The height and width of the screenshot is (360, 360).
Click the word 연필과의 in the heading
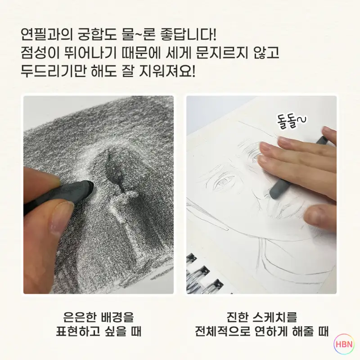[47, 35]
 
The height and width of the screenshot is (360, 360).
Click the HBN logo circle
[344, 344]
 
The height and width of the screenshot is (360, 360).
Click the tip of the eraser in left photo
[91, 184]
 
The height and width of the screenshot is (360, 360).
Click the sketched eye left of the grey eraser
[223, 181]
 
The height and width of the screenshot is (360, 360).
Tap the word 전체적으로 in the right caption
[222, 332]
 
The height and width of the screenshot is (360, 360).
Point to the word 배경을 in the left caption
[117, 317]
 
